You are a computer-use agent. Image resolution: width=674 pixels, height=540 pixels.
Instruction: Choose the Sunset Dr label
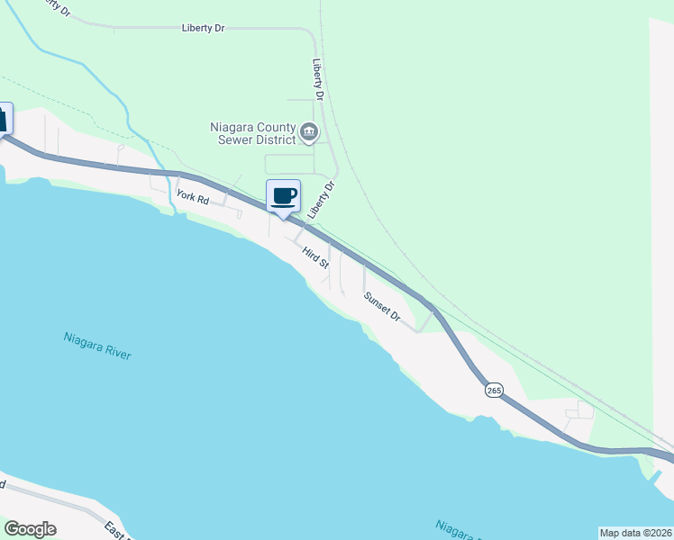(382, 306)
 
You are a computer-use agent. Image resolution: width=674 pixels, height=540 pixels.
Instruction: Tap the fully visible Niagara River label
(97, 346)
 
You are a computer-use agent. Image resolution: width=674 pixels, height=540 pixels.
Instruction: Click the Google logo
(30, 529)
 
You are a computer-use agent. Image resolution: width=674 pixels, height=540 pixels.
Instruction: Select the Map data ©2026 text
(635, 533)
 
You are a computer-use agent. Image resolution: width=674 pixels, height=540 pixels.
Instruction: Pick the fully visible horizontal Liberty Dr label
(203, 29)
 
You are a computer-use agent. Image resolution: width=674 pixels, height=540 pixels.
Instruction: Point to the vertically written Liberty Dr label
(317, 79)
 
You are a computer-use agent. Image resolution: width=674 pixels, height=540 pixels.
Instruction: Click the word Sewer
(236, 139)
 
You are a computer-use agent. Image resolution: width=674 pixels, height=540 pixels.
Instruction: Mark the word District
(275, 139)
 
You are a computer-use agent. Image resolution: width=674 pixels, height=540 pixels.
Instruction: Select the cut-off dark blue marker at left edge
(5, 119)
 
